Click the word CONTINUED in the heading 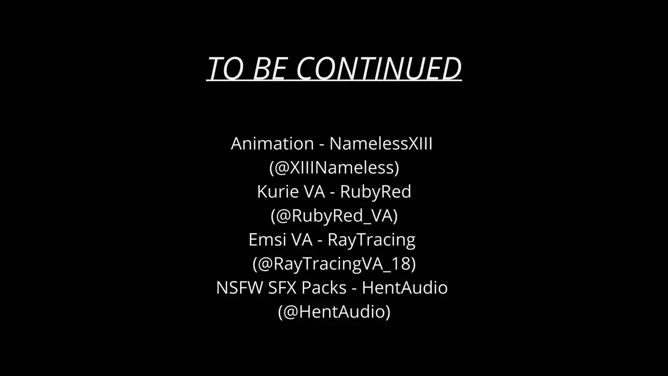coord(379,68)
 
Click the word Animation coord(272,144)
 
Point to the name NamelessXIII coord(381,144)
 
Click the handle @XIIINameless coord(334,168)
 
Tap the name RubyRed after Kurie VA coord(375,192)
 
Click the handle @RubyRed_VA coord(335,216)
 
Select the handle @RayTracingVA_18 coord(334,264)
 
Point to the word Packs coord(324,288)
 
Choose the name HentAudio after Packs coord(404,288)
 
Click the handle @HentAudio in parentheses coord(334,312)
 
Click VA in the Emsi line coord(302,240)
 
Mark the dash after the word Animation coord(322,145)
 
